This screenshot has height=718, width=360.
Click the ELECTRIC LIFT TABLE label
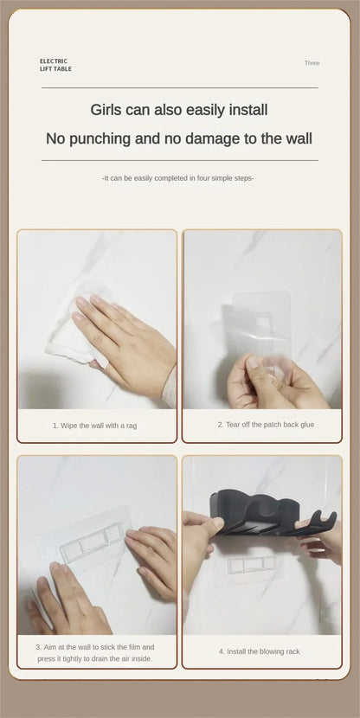55,65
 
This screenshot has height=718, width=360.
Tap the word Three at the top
312,63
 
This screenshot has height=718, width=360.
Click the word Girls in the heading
110,110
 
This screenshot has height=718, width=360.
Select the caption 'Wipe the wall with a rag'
94,426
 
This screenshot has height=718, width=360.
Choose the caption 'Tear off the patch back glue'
266,425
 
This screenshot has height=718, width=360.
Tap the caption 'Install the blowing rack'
259,651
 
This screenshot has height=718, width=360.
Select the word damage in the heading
202,138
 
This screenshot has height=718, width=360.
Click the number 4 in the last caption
221,651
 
